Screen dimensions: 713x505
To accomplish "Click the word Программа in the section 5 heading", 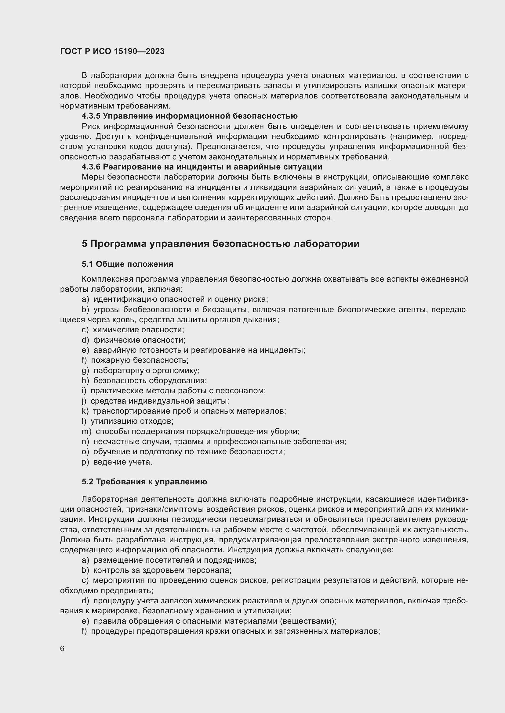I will pyautogui.click(x=118, y=244).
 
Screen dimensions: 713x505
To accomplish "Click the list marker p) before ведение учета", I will pyautogui.click(x=85, y=462).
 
